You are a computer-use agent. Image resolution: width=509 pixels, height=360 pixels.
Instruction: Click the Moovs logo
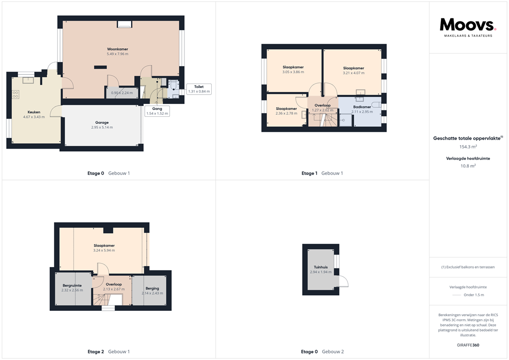click(468, 26)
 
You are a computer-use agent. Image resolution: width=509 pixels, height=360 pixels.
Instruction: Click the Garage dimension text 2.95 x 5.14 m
click(102, 127)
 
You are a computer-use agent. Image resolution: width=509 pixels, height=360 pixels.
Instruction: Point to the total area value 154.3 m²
click(467, 147)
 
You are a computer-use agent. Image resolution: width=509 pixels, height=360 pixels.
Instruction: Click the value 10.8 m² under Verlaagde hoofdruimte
click(467, 166)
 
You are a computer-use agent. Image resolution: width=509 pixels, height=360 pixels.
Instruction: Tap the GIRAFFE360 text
click(468, 345)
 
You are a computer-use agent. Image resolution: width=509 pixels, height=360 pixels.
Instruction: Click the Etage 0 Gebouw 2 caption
click(322, 352)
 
